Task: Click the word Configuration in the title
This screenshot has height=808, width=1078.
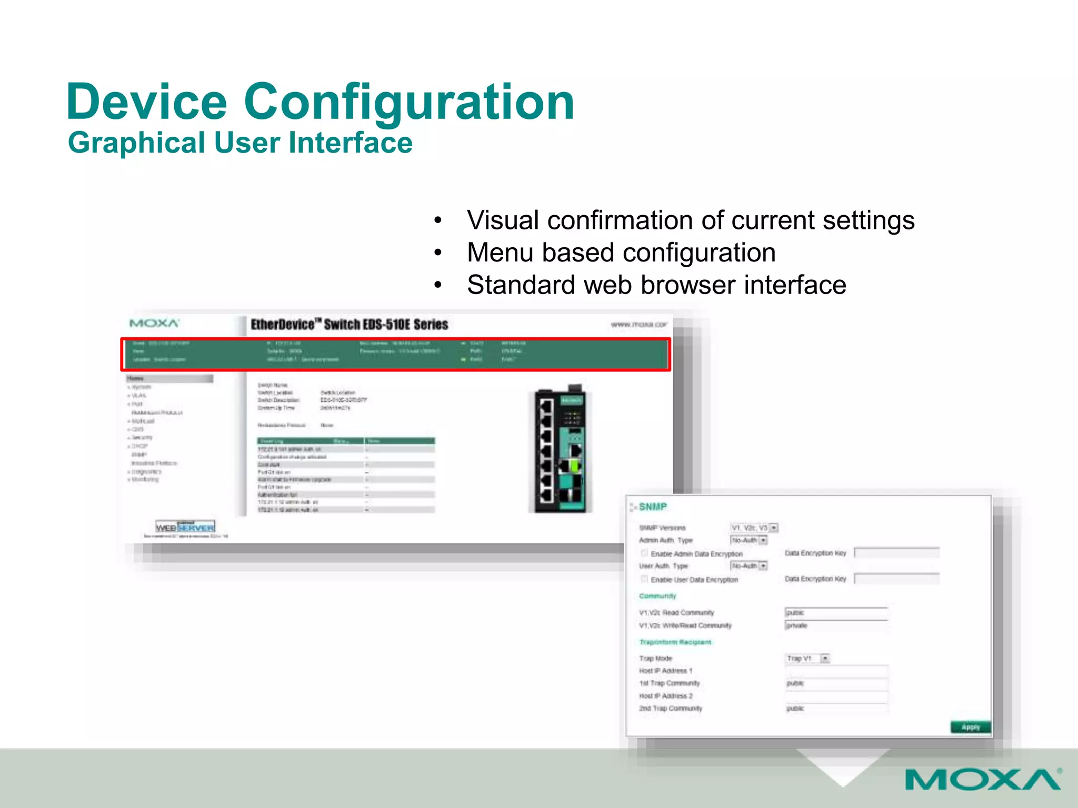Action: point(408,103)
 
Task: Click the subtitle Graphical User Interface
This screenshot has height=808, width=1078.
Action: point(240,143)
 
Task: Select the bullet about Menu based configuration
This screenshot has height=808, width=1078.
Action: point(621,252)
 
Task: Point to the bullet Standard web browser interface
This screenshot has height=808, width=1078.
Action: point(656,285)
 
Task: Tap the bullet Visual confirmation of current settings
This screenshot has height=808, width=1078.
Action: point(690,220)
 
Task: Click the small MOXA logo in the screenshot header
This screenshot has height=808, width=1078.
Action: point(154,323)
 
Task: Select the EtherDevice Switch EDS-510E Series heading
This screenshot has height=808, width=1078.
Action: point(349,325)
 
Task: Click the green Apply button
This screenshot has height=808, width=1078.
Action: point(970,727)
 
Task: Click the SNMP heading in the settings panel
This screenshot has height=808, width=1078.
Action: point(653,507)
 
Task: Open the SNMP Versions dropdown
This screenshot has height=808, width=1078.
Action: point(773,528)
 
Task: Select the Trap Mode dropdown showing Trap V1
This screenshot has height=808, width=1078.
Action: point(825,659)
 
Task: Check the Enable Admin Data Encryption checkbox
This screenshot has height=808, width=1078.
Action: point(644,553)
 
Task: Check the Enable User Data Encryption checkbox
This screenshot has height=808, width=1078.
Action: point(644,579)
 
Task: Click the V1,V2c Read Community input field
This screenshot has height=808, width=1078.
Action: point(836,613)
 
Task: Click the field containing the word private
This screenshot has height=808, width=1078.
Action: point(836,625)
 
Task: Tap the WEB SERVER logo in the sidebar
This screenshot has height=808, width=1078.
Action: point(185,527)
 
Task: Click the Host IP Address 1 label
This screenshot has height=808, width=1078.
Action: point(665,671)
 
